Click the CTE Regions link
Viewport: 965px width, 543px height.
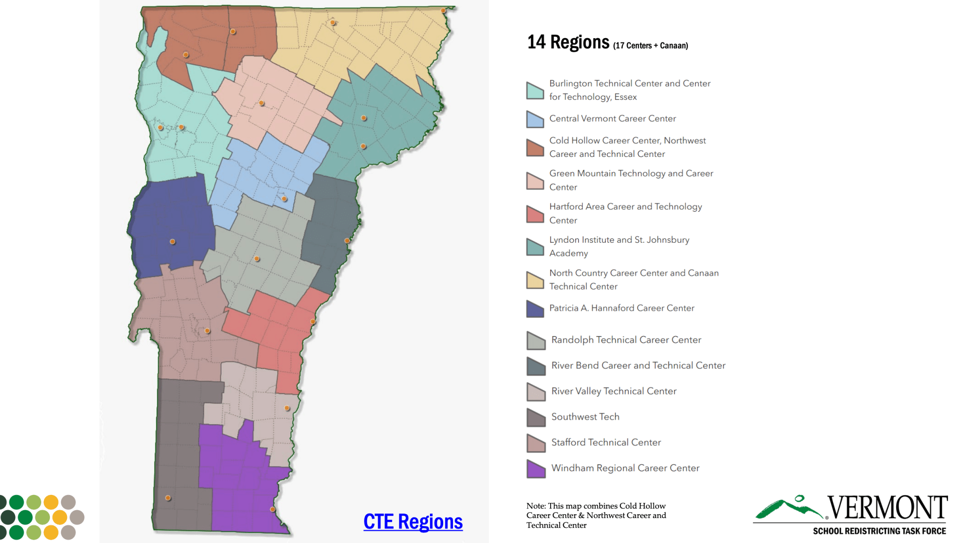(x=413, y=522)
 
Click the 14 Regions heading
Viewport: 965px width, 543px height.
(x=568, y=42)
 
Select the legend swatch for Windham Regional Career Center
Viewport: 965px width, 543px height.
(x=536, y=469)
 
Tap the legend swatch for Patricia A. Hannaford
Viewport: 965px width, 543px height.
(x=535, y=309)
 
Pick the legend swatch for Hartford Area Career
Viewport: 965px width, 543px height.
(x=535, y=214)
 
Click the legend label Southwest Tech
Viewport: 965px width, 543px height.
(x=585, y=417)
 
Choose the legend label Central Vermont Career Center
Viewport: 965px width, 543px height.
(x=612, y=119)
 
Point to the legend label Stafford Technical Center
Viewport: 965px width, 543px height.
(x=606, y=443)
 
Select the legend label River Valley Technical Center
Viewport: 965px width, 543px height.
(x=614, y=391)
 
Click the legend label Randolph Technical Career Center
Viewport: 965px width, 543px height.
(x=626, y=340)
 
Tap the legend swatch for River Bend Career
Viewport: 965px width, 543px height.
(x=536, y=366)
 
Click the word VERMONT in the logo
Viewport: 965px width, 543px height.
(x=887, y=508)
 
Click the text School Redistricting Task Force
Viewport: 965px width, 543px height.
(x=879, y=531)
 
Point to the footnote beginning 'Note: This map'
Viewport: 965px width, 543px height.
(x=596, y=515)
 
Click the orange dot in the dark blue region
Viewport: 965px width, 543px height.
(x=173, y=242)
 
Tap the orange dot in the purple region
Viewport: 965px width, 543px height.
(x=272, y=510)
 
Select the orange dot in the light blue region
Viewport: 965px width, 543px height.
(x=284, y=199)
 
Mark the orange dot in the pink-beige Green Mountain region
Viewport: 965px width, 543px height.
(x=262, y=103)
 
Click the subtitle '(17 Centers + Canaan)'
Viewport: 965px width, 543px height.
(x=650, y=46)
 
